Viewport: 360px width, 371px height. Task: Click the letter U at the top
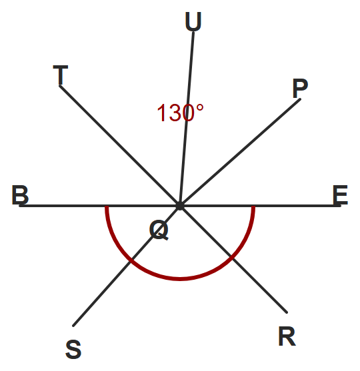[193, 21]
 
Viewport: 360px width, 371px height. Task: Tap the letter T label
[61, 75]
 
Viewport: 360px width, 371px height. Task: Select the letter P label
[300, 88]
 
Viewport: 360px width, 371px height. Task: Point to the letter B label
[20, 194]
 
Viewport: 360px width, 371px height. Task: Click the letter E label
[341, 194]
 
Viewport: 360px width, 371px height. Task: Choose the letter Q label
[159, 230]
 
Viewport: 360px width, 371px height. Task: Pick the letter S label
[73, 349]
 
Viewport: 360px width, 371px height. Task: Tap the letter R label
[287, 336]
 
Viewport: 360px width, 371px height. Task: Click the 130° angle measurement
[180, 113]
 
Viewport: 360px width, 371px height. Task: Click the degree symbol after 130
[199, 108]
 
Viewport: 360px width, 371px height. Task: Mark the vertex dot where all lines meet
[180, 206]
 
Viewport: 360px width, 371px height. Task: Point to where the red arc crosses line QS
[131, 260]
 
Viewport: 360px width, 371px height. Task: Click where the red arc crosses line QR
[232, 257]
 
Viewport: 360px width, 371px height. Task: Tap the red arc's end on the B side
[107, 206]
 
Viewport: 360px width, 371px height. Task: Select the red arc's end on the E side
[253, 206]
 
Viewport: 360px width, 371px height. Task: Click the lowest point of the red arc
[180, 279]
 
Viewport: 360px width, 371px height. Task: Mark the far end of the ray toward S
[73, 326]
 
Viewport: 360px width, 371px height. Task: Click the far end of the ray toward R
[287, 312]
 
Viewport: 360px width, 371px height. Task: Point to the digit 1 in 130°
[162, 113]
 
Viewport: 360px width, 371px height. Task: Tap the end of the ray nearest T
[60, 86]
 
